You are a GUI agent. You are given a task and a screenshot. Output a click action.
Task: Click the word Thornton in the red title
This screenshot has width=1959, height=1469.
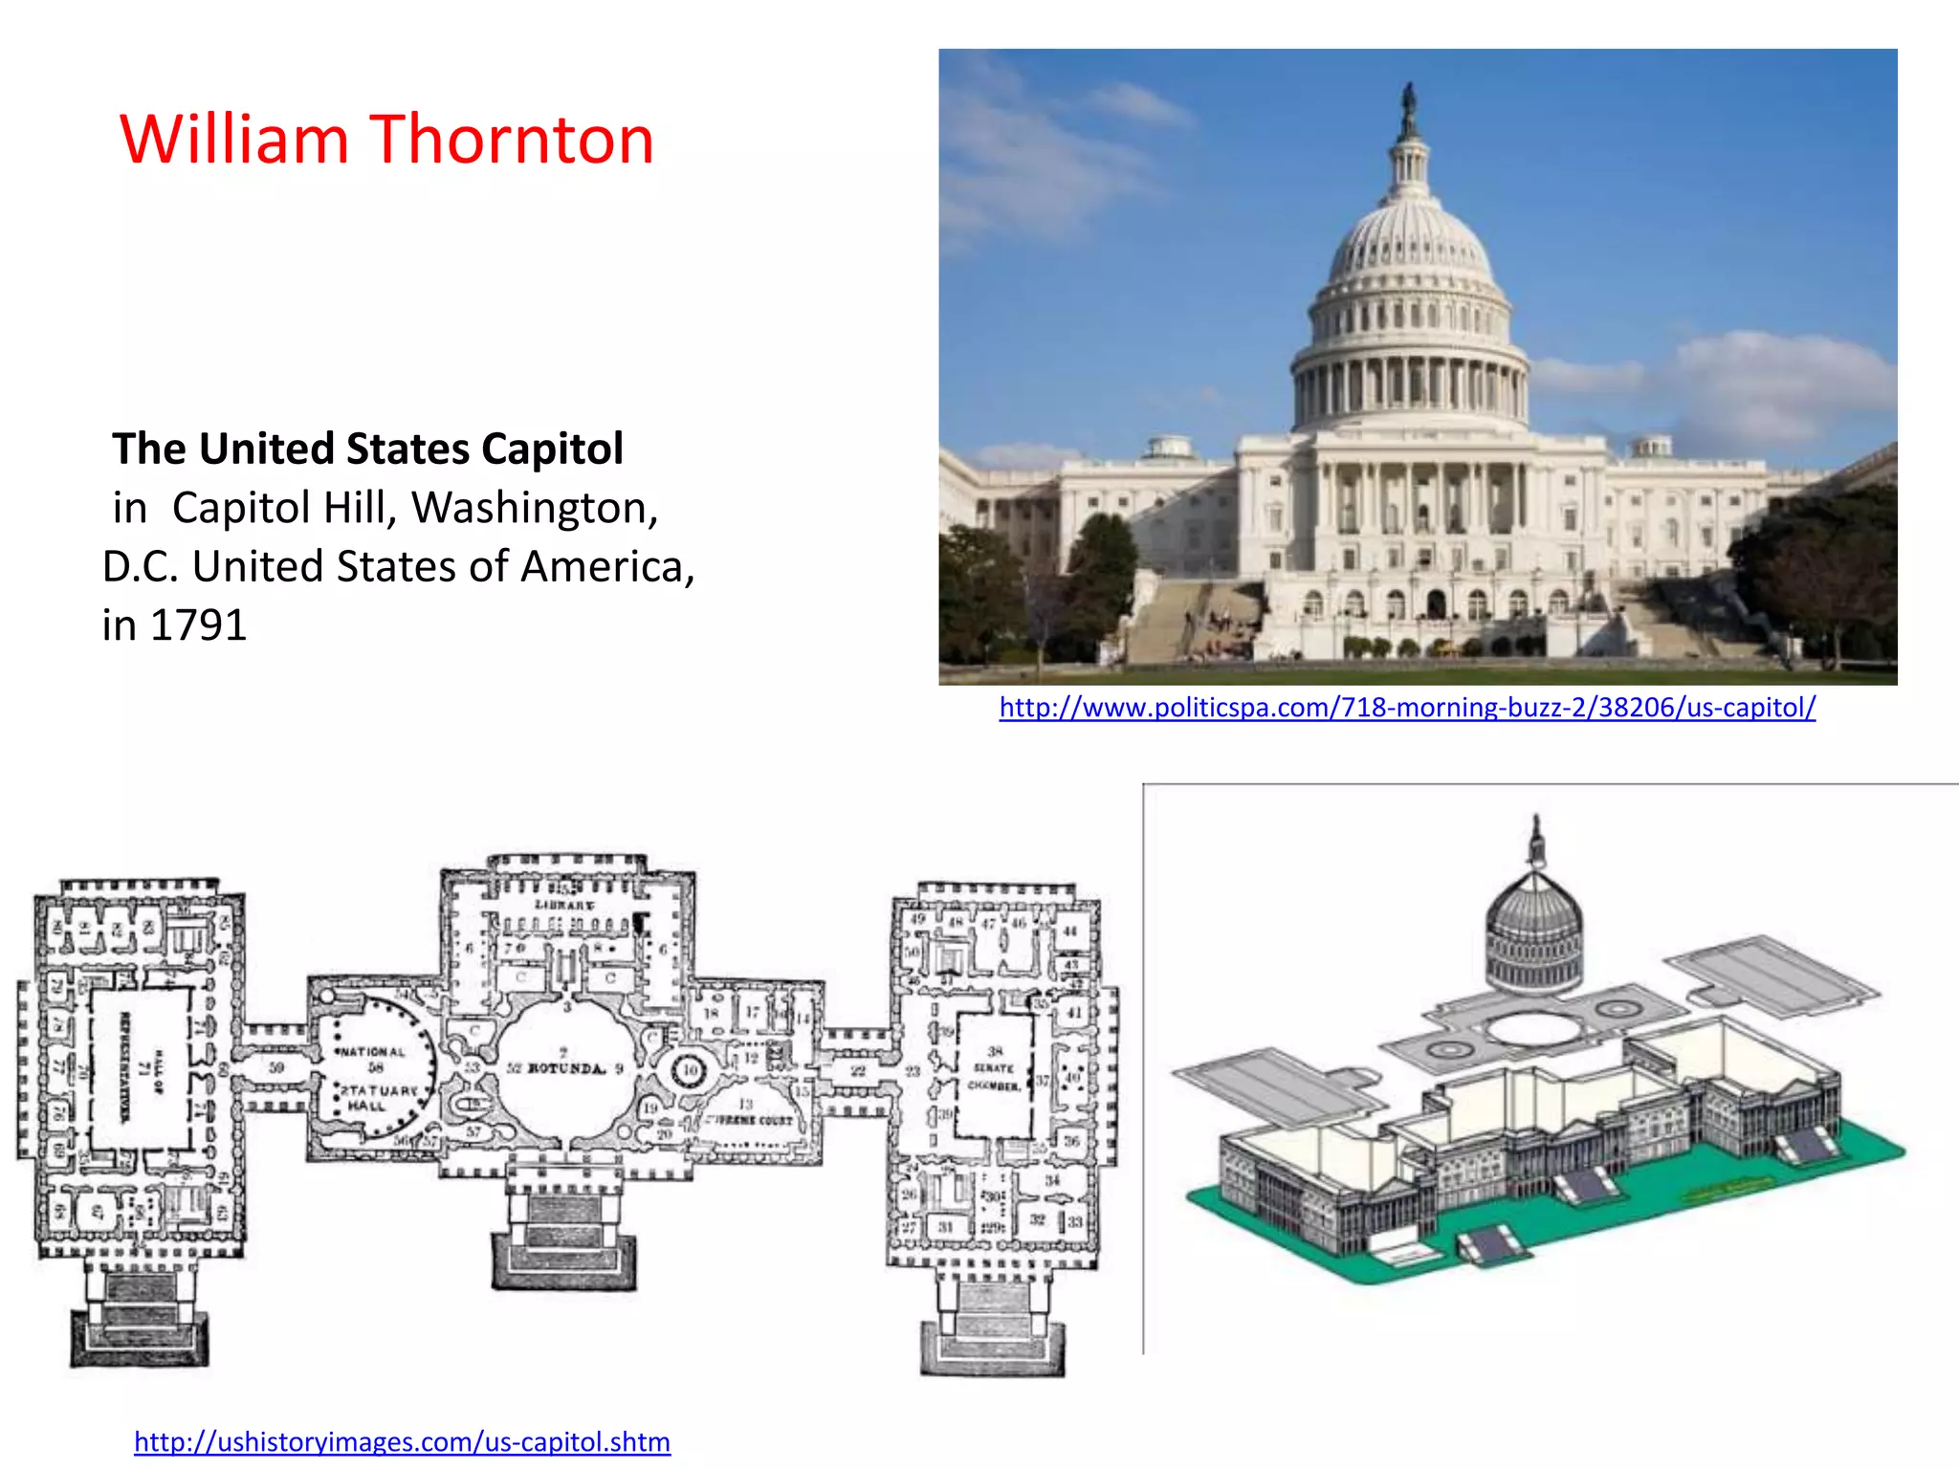point(512,140)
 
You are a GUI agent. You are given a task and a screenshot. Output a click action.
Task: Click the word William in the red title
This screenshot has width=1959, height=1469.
point(234,140)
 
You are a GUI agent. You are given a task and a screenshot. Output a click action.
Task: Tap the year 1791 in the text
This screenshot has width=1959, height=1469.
point(199,625)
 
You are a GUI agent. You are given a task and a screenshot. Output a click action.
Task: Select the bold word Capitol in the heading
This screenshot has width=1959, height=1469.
point(552,449)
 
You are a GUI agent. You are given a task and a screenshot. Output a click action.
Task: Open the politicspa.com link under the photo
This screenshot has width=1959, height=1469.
point(1407,707)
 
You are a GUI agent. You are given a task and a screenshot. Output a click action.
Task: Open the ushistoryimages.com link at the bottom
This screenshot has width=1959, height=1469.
point(402,1441)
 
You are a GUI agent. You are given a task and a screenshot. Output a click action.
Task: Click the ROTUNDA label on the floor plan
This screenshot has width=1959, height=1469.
point(566,1068)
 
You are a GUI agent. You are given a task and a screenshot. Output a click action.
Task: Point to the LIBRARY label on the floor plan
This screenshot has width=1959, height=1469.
point(564,905)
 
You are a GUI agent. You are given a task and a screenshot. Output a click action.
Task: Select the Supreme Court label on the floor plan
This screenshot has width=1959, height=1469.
point(751,1119)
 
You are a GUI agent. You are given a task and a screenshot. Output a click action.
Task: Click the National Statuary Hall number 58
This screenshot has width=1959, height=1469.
point(376,1067)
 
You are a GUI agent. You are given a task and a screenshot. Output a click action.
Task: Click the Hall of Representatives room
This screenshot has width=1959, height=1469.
point(142,1066)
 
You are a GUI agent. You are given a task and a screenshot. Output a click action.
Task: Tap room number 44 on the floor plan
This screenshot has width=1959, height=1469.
point(1069,931)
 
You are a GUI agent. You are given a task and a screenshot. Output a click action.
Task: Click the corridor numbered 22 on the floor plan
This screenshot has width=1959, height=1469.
point(858,1070)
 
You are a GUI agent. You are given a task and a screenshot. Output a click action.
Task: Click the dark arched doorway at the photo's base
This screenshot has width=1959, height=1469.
point(1437,603)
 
